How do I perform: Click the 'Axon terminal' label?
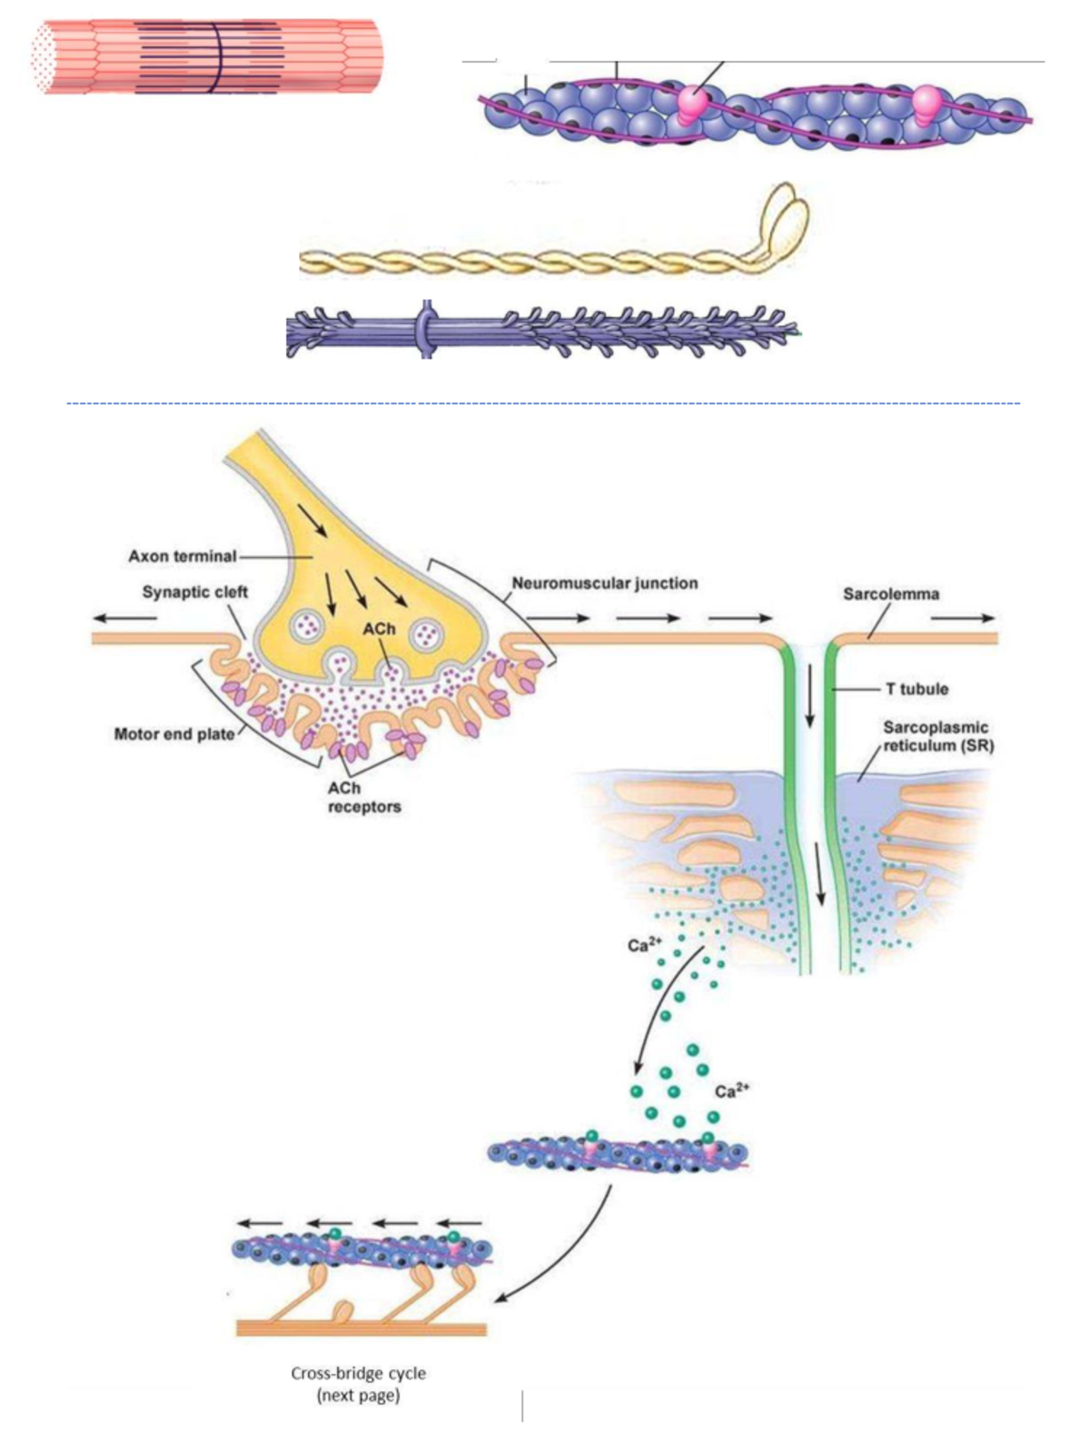tap(182, 556)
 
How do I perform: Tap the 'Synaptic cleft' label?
tap(194, 593)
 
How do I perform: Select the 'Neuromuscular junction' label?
tap(605, 583)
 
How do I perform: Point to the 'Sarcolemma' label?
tap(891, 594)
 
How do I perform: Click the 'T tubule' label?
tap(917, 690)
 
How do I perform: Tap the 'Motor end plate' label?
tap(174, 733)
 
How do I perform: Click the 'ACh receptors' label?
tap(363, 798)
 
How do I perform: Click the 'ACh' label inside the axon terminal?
tap(379, 629)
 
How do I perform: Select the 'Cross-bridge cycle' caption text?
tap(358, 1373)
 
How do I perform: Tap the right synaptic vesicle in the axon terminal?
tap(425, 634)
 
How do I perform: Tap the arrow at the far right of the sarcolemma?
tap(962, 618)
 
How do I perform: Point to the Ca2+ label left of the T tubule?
tap(643, 945)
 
